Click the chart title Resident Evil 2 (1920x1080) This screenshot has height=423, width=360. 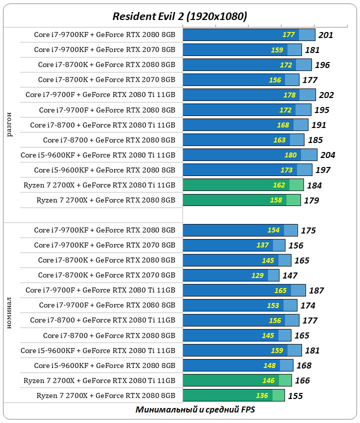point(179,16)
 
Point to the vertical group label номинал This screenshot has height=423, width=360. point(10,313)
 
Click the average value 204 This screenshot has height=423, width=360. point(327,155)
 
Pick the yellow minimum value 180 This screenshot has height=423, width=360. point(290,155)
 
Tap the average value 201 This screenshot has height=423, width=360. point(325,35)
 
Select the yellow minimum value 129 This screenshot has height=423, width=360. point(258,275)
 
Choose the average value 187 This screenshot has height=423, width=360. point(316,290)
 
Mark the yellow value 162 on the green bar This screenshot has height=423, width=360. point(279,185)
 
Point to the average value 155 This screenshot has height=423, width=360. point(295,395)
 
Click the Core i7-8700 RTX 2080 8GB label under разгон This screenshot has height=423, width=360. point(109,140)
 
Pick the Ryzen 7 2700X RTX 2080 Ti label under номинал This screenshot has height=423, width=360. point(99,380)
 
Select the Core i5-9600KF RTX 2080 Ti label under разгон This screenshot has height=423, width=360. point(98,155)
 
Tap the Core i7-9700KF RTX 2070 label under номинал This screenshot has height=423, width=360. point(104,245)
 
